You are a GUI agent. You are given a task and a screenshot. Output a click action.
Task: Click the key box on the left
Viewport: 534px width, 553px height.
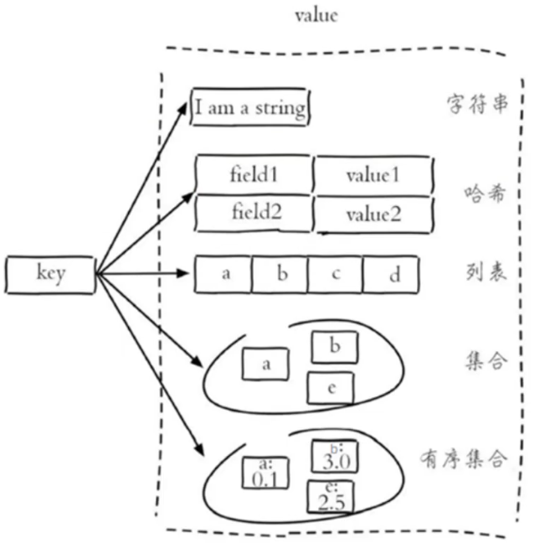[49, 273]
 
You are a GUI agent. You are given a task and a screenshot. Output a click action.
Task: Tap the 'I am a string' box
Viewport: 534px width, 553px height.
[249, 107]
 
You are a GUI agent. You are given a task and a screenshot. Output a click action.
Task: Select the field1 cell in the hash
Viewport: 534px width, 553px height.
[254, 174]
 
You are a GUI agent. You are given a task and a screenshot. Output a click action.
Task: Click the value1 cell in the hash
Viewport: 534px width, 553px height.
[373, 175]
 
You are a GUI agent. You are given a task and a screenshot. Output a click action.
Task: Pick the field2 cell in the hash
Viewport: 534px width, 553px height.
[254, 212]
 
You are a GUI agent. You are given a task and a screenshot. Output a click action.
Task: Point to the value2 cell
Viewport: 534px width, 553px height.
[373, 214]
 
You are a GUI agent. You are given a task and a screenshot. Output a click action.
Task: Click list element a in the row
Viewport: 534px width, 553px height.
[224, 275]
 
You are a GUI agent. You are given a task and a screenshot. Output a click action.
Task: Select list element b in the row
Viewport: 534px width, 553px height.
[280, 275]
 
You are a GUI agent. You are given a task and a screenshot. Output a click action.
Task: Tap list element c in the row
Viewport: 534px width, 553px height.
[335, 275]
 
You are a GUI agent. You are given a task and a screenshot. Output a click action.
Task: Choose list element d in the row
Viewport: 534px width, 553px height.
[392, 276]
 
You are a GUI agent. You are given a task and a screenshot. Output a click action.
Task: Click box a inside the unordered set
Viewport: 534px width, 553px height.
[266, 364]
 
